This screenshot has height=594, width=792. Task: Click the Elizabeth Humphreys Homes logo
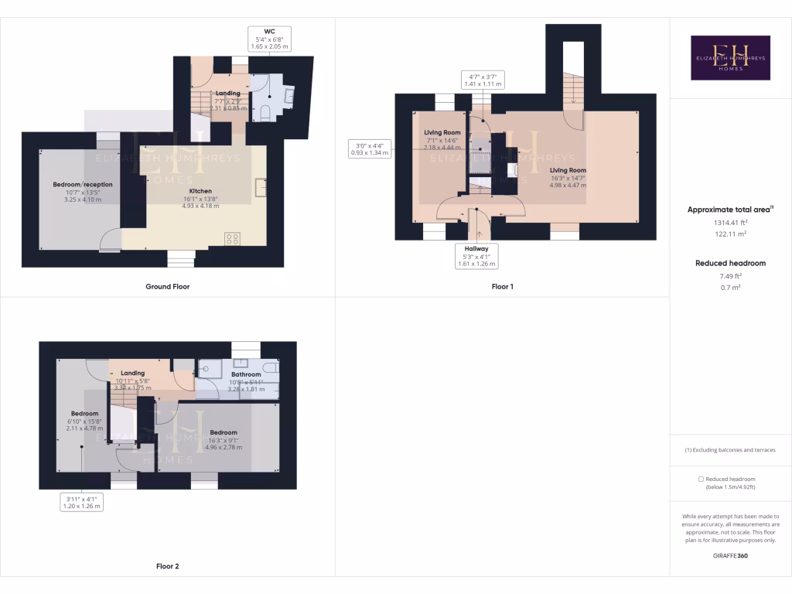[x=730, y=58]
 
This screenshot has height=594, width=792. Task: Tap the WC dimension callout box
[x=269, y=39]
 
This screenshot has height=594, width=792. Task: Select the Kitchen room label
[x=200, y=191]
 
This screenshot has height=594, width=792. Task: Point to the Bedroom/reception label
[x=83, y=185]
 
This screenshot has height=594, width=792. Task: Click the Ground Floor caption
[x=168, y=286]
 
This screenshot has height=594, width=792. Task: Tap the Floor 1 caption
[x=503, y=286]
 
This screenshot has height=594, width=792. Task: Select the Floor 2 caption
[x=168, y=566]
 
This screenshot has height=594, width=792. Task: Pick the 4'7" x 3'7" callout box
[x=485, y=80]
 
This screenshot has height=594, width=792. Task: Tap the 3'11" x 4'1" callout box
[x=81, y=502]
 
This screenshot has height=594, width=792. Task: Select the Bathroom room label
[x=247, y=374]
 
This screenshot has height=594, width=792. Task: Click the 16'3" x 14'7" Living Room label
[x=568, y=170]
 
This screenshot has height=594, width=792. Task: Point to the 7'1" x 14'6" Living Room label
[x=442, y=133]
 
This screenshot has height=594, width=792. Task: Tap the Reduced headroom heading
[x=729, y=263]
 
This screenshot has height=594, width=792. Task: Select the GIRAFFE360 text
[x=729, y=555]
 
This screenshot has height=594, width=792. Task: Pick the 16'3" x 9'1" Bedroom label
[x=223, y=433]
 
